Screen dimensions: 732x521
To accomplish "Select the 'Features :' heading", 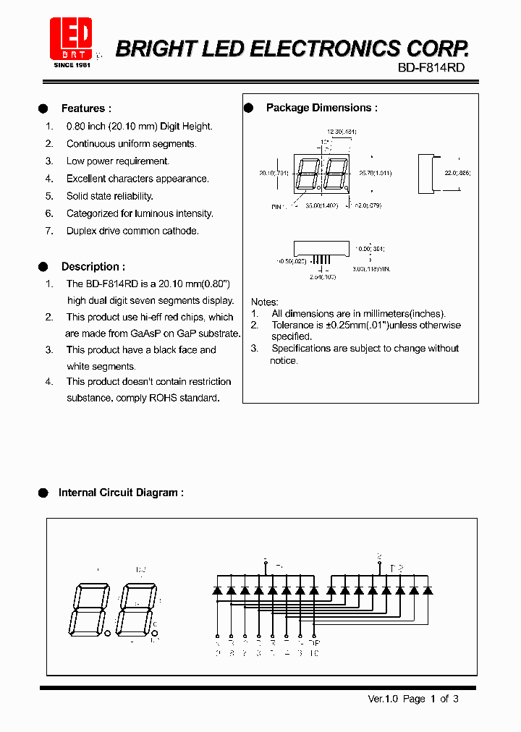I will point(86,108).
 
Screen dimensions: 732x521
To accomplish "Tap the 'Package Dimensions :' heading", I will point(321,108).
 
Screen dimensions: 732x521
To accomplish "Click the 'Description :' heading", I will point(93,266).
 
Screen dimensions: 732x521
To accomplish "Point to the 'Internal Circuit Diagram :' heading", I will point(120,493).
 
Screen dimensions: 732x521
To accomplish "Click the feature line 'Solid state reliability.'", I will point(109,196).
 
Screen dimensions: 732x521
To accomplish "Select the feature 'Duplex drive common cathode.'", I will point(132,231).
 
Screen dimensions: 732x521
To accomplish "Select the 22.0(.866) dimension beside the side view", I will point(457,174).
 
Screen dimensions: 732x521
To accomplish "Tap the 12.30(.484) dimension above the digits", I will point(342,132).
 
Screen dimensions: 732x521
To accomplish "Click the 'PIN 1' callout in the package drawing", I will point(278,207).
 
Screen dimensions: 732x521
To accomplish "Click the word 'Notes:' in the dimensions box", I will point(265,302).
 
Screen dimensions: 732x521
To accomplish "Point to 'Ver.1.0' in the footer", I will point(383,699).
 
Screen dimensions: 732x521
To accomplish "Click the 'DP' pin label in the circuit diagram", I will point(313,642).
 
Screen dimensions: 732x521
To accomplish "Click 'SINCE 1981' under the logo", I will point(73,65).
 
